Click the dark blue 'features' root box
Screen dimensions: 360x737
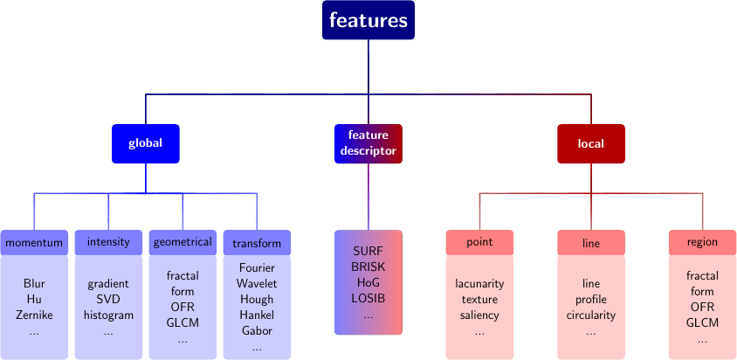[368, 20]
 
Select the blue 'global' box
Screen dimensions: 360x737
[145, 143]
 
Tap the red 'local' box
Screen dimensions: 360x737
[591, 143]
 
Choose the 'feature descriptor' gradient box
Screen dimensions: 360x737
[368, 143]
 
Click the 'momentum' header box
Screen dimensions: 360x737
[34, 242]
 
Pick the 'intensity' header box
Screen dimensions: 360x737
[108, 242]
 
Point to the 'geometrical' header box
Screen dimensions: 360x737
[183, 242]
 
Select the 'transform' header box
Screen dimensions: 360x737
[257, 243]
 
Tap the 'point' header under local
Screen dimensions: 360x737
[479, 242]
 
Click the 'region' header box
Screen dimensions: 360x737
[702, 242]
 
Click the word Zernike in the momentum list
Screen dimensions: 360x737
[35, 315]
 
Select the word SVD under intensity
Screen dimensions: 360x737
[108, 300]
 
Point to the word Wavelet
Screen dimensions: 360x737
[257, 283]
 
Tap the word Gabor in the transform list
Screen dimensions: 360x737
[257, 331]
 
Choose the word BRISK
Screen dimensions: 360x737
[368, 267]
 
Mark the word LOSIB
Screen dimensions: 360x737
[368, 298]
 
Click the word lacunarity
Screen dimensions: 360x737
[479, 284]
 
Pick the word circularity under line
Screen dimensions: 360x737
[591, 315]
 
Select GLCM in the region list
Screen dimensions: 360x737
[702, 323]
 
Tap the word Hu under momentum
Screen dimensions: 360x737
[35, 300]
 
